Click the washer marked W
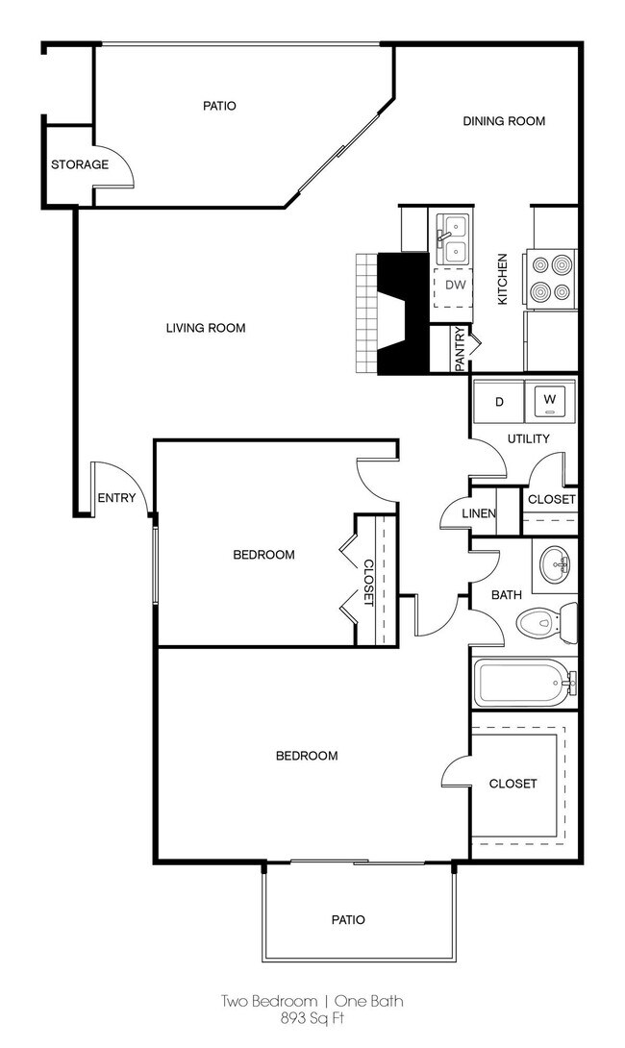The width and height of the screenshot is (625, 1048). (549, 401)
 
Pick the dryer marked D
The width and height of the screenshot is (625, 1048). (499, 402)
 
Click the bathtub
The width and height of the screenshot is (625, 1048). (525, 683)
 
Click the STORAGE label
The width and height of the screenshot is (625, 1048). (80, 164)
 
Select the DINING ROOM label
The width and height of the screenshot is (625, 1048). (504, 121)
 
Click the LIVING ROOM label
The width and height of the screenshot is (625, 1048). (205, 328)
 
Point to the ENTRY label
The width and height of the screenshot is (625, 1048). (116, 498)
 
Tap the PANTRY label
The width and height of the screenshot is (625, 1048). (460, 348)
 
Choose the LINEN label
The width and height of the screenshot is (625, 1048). (479, 513)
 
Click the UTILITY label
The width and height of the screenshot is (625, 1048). (528, 438)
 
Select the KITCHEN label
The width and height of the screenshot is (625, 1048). (502, 279)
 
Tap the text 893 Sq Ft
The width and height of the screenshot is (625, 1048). (312, 1019)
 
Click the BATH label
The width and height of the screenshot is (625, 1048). (507, 595)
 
